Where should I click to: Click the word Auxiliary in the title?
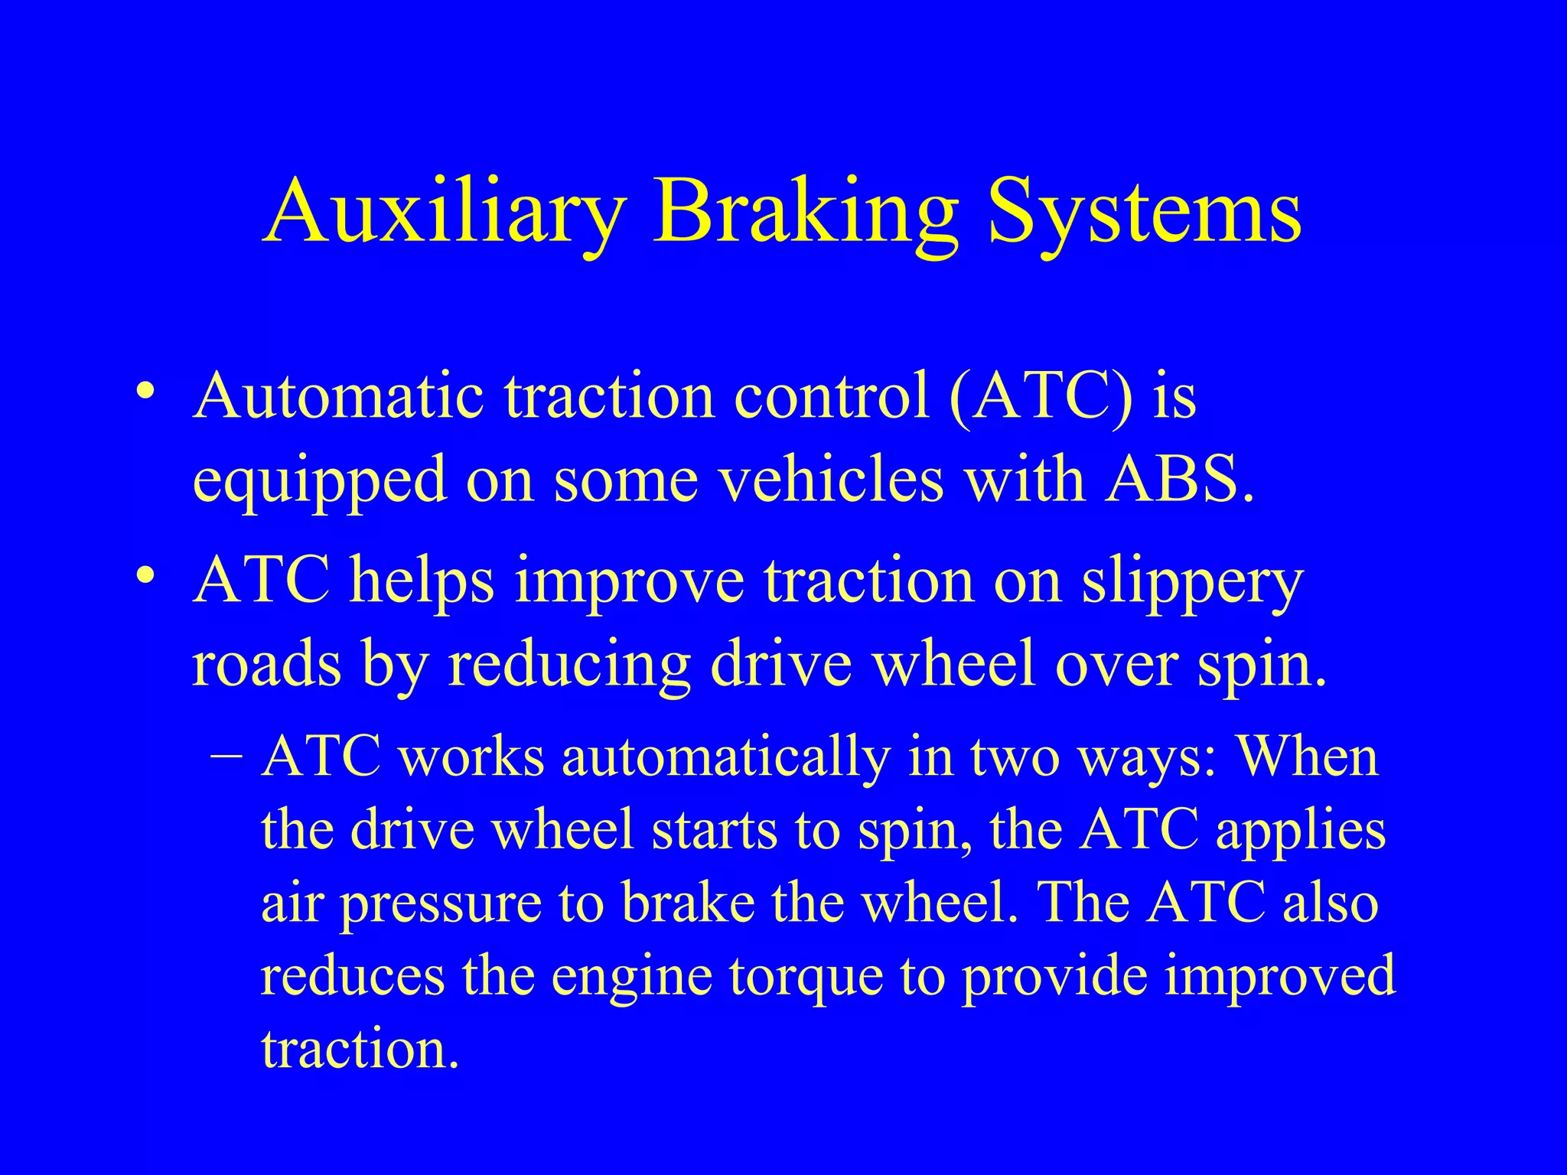click(444, 210)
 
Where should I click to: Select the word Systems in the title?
click(1145, 210)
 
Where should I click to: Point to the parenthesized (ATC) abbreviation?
click(1040, 398)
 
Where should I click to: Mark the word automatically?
click(725, 757)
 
